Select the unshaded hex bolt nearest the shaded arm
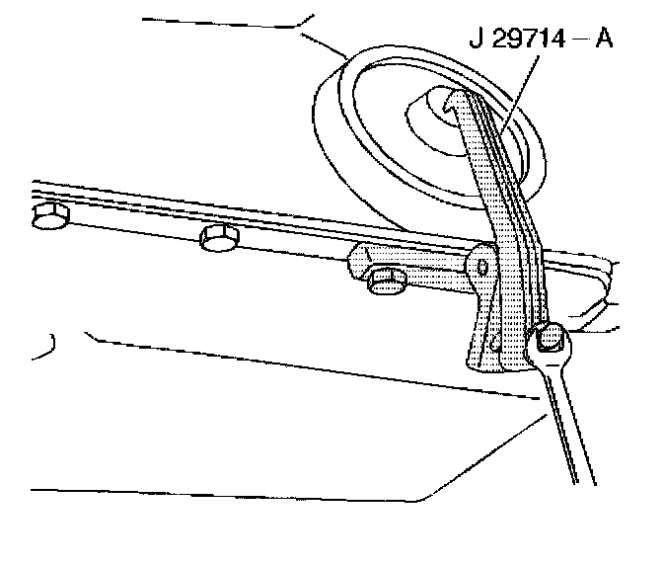point(219,237)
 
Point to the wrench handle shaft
point(566,425)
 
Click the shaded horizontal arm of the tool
point(414,266)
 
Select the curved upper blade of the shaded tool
point(493,168)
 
